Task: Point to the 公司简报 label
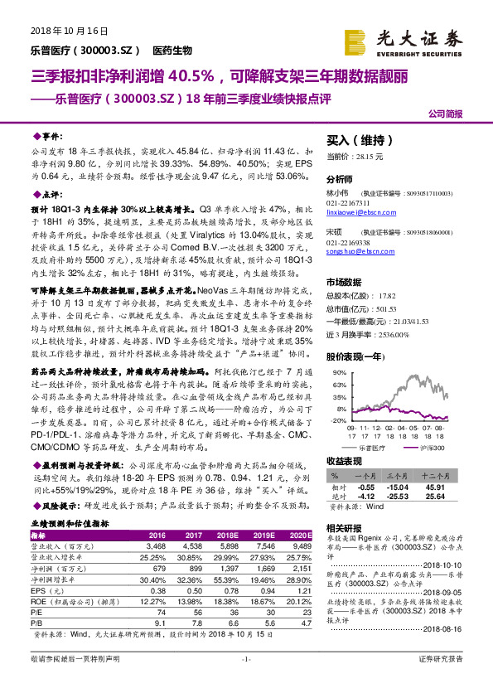pos(445,114)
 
